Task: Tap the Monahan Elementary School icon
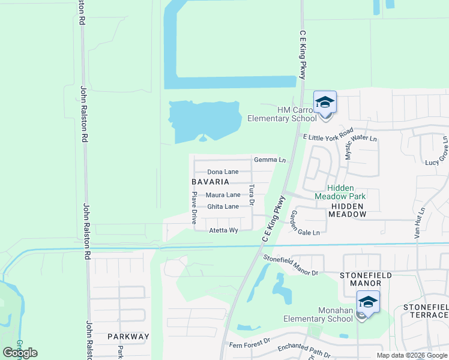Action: pyautogui.click(x=368, y=302)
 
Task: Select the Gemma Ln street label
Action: pyautogui.click(x=270, y=160)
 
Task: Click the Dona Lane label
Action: pyautogui.click(x=223, y=172)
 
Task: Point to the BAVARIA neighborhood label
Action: pyautogui.click(x=210, y=182)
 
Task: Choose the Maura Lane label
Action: pyautogui.click(x=223, y=195)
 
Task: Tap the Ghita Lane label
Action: pyautogui.click(x=223, y=207)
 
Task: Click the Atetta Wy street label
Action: pyautogui.click(x=223, y=230)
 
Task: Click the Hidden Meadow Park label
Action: pyautogui.click(x=340, y=192)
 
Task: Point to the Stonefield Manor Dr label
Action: pyautogui.click(x=291, y=265)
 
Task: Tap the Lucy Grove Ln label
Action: pyautogui.click(x=437, y=158)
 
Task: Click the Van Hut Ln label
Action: pyautogui.click(x=420, y=224)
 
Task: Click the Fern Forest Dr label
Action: pyautogui.click(x=250, y=346)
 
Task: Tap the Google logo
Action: pyautogui.click(x=20, y=353)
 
